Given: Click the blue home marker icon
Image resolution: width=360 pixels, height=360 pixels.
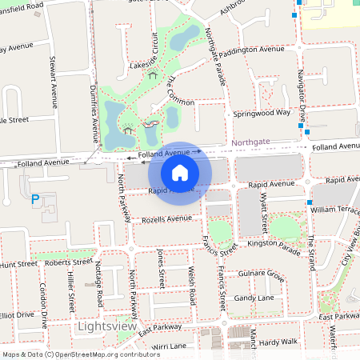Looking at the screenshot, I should (180, 172).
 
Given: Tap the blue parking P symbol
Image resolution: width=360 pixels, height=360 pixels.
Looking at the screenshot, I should (34, 199).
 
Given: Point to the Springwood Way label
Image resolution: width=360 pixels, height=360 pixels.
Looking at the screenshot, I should (262, 114).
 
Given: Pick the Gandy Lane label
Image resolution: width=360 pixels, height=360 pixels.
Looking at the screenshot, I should (254, 298).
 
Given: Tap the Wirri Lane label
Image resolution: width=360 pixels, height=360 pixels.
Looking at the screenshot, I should (169, 346).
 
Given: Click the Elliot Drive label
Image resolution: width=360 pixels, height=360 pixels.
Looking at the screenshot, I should (18, 314).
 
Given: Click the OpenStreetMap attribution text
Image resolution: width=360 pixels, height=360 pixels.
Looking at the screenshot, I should (80, 354).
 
